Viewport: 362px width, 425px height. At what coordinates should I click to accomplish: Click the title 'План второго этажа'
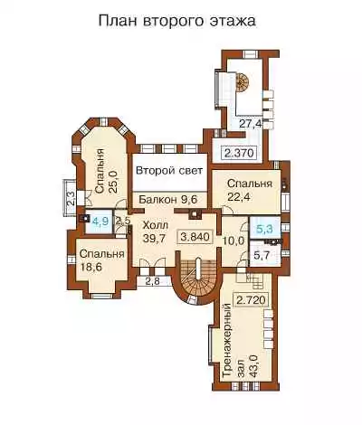point(177,22)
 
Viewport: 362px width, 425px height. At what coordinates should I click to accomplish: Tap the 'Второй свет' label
point(169,171)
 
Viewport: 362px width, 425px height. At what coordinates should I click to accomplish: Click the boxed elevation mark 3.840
point(195,237)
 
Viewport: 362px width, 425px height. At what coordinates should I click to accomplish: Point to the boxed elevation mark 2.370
point(239,154)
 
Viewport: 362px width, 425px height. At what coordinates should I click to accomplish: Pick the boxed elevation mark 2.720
point(251,300)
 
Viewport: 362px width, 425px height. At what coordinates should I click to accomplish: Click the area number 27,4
point(252,124)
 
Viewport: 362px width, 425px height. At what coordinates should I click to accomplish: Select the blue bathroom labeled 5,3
point(264,230)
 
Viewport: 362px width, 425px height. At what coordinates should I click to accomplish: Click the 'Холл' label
point(155,225)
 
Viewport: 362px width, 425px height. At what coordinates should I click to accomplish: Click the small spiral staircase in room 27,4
point(243,81)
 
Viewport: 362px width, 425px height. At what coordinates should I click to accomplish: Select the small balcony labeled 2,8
point(152,281)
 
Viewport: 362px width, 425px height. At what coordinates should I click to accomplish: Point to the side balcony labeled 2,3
point(70,197)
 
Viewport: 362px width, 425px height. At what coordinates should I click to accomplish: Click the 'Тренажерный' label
point(227,341)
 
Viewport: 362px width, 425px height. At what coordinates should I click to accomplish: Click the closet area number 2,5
point(123,221)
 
